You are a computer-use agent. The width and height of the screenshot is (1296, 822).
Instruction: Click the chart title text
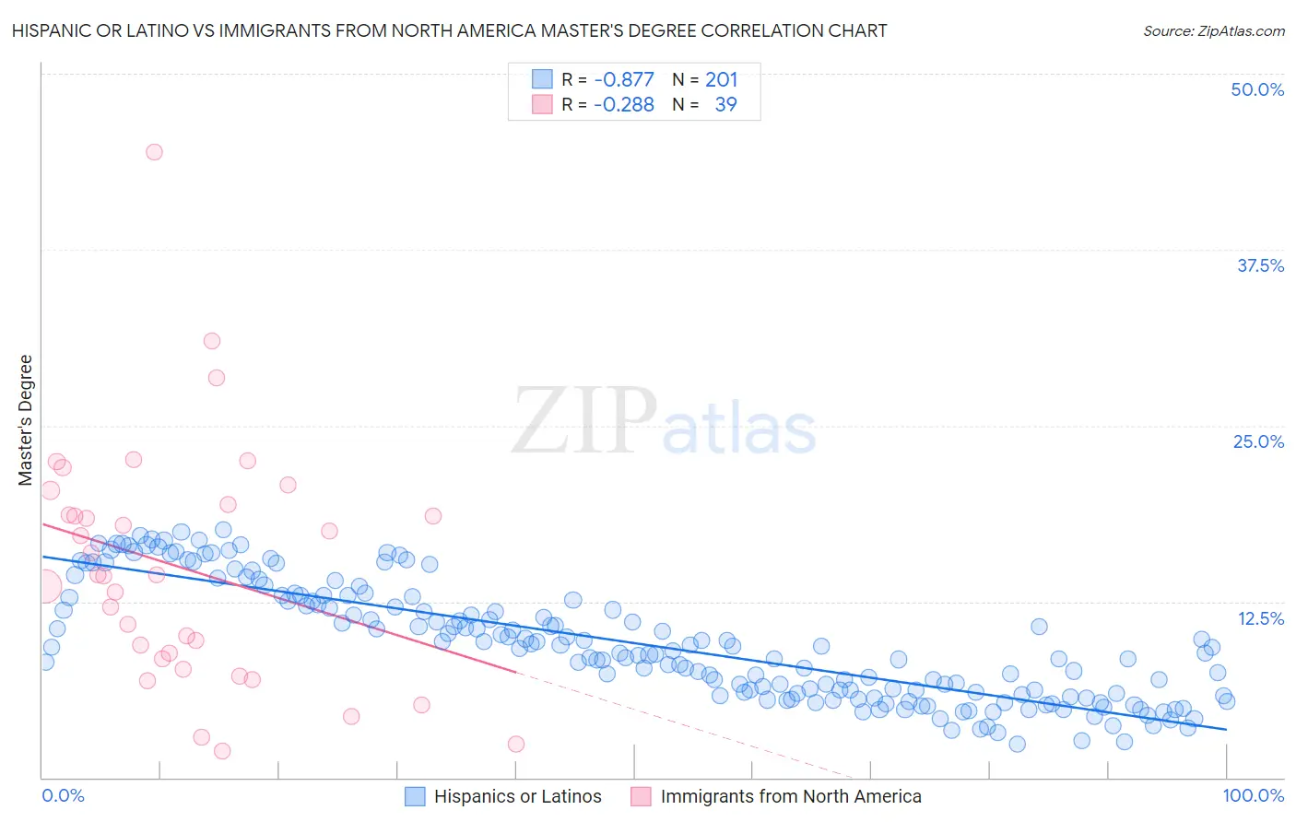(449, 30)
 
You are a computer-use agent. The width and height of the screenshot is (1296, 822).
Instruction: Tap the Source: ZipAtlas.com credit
(1213, 30)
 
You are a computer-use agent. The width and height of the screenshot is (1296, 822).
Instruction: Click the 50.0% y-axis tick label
(1257, 89)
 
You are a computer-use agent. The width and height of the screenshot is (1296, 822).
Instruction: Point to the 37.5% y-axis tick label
(1260, 265)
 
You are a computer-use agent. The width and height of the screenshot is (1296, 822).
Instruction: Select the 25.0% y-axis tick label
(1258, 441)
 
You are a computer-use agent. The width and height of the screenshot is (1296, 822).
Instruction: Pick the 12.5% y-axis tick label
(1260, 618)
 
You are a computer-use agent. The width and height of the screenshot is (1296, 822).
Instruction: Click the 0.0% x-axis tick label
(63, 795)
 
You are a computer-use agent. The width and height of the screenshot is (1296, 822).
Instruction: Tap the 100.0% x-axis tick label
(1254, 795)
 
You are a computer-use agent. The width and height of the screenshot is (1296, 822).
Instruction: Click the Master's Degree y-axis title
(25, 419)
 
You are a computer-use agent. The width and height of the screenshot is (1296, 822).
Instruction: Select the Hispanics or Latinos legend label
(517, 796)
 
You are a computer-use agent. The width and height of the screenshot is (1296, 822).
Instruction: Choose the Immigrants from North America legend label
(791, 796)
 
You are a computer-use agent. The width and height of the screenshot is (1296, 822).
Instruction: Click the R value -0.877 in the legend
(624, 79)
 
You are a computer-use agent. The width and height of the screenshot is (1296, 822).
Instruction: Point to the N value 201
(722, 79)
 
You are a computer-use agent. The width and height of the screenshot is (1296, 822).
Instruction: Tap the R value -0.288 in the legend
(624, 104)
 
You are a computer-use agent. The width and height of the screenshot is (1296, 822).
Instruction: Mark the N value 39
(726, 104)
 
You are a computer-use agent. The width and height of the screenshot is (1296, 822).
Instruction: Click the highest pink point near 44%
(154, 152)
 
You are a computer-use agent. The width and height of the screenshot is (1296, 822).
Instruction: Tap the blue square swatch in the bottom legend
(416, 796)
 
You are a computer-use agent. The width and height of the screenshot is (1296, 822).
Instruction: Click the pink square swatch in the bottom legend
(641, 796)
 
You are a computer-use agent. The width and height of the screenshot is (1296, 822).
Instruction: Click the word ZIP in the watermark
(583, 422)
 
